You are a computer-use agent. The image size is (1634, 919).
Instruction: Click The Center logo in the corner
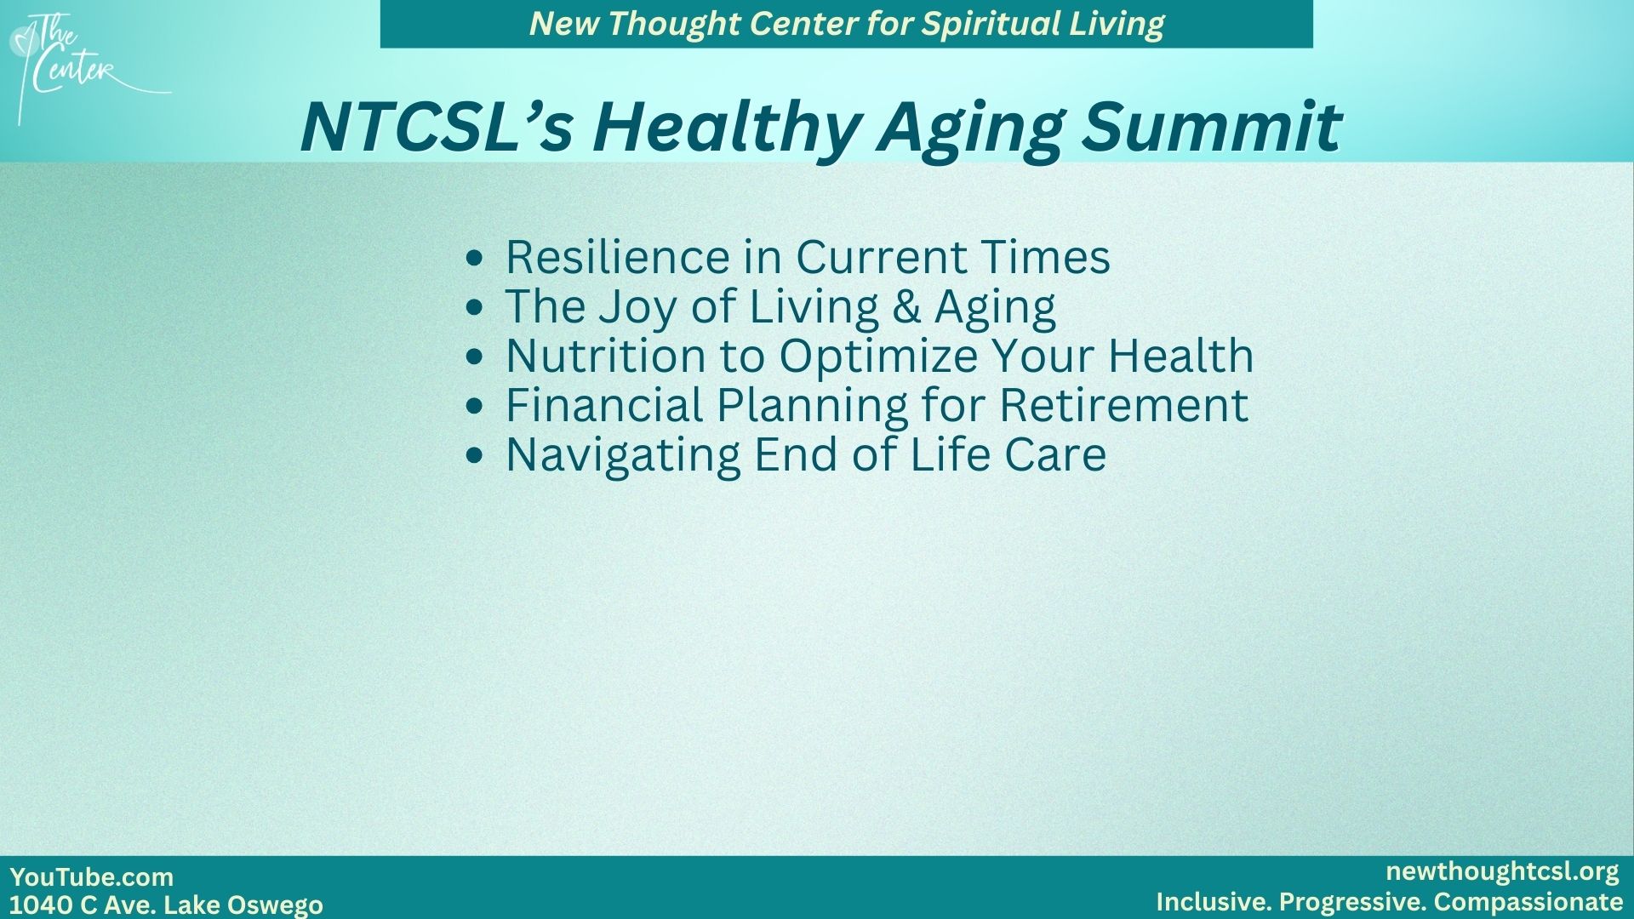point(85,68)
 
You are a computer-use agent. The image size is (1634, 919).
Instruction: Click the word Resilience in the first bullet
point(616,256)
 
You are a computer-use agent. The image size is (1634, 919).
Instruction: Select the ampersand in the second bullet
point(907,306)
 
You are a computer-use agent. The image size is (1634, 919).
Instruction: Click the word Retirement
point(1123,404)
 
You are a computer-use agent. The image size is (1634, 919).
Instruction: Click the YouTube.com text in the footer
point(92,876)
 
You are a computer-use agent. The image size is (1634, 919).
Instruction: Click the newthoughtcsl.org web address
point(1502,872)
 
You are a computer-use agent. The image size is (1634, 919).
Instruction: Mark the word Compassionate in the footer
point(1528,902)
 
